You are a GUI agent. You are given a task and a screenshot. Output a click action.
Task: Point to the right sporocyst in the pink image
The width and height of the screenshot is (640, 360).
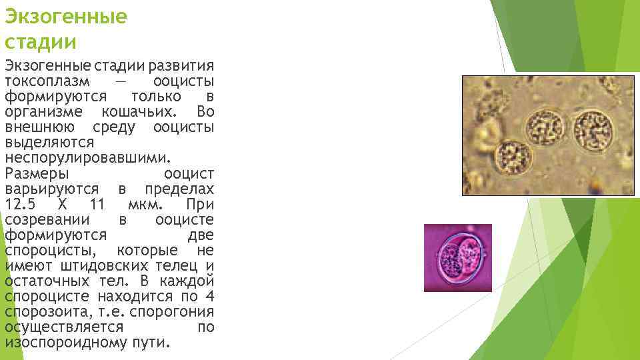coord(471,254)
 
